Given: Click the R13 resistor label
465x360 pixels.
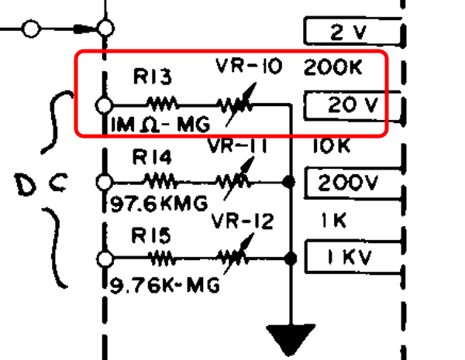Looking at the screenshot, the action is pos(153,77).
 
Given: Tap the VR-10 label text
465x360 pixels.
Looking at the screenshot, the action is pos(249,66).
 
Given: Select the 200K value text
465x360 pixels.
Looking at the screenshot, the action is pos(332,67).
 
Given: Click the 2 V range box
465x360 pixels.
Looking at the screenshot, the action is pos(353,32).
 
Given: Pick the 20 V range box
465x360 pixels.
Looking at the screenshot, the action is pos(353,106).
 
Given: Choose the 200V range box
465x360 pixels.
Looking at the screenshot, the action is pos(353,183).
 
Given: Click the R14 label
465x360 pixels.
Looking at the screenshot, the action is pos(152,156).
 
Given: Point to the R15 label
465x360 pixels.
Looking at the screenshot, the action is pos(151,235).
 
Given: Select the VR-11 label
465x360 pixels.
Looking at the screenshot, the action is pos(237,146).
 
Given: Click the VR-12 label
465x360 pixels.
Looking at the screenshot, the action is pos(243,221).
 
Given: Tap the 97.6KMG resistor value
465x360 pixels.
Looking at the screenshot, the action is pos(159,204).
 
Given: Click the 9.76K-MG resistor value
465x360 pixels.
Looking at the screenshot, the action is pos(165,286).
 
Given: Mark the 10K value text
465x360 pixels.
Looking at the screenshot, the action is pos(332,146).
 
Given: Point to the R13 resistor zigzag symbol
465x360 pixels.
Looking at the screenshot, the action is pos(163,105).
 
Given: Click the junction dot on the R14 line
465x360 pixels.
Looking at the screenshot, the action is pos(289,182).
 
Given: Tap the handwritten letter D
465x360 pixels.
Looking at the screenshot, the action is pos(26,185).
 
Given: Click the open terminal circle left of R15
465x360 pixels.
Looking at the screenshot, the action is pos(105,259).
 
